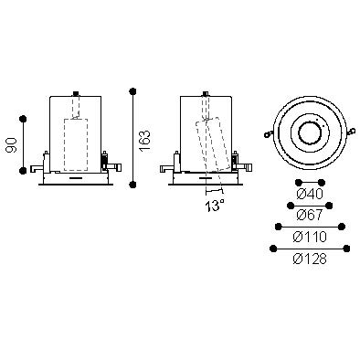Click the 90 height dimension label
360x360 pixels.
click(x=12, y=145)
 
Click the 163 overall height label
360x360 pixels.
click(x=144, y=141)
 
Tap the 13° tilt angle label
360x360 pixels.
click(x=215, y=206)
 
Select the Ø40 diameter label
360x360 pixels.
click(x=310, y=194)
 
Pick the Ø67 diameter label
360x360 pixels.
click(x=310, y=215)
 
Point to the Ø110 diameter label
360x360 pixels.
click(x=310, y=237)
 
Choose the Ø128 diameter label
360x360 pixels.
click(x=310, y=259)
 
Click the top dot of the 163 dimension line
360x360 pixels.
click(x=132, y=91)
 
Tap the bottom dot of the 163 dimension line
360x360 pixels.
click(x=132, y=185)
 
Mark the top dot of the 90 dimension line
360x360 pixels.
click(x=23, y=119)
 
